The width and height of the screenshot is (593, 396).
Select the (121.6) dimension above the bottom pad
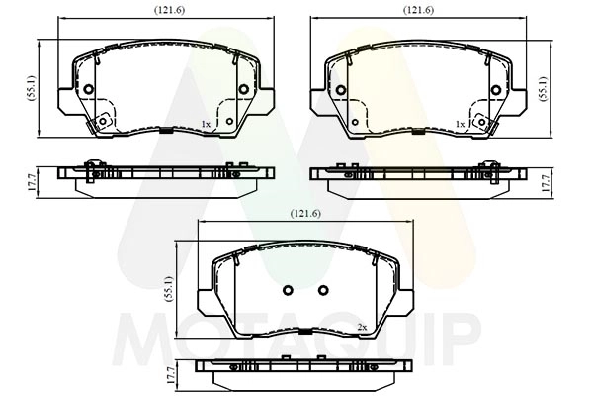pos(303,214)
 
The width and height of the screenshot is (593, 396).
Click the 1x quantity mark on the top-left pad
pos(205,124)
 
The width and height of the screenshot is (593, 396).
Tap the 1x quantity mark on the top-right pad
pos(459,124)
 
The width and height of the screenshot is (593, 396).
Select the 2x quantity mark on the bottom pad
pos(361,327)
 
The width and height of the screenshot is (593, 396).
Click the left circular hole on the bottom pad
pos(289,290)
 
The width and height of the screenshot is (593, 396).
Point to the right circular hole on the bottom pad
pos(322,290)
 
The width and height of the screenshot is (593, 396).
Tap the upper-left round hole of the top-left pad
pos(89,90)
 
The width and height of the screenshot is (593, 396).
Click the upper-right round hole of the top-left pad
pos(243,90)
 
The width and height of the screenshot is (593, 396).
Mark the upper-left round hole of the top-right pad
pos(342,90)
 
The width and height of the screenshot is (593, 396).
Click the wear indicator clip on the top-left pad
pos(99,123)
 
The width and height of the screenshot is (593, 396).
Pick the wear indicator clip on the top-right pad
pos(483,123)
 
